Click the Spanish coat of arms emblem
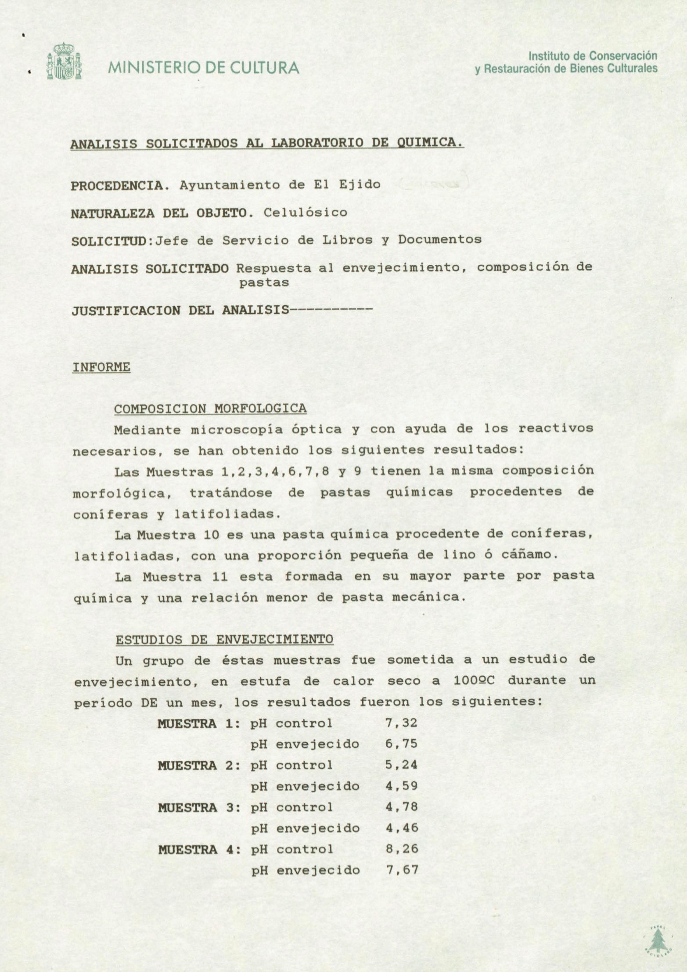point(64,61)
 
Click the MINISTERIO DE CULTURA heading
point(203,68)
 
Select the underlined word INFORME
point(101,367)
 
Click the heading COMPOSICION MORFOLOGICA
point(210,409)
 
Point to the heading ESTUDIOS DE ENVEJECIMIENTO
point(224,639)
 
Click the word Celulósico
point(305,213)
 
